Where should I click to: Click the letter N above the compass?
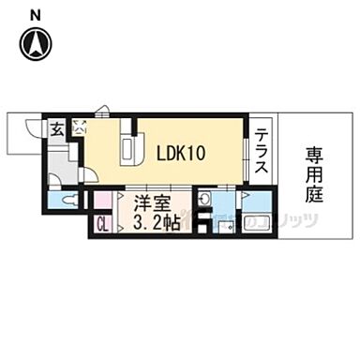tap(35, 13)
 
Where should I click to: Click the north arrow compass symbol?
tap(36, 43)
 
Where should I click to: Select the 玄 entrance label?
tap(58, 128)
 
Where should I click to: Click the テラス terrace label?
tap(262, 149)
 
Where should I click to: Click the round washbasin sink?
tap(204, 197)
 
